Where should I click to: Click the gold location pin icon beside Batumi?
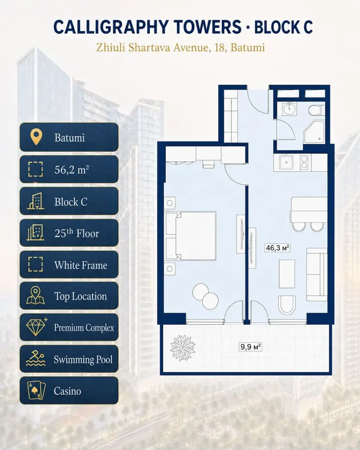coord(36,137)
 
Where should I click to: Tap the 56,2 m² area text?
coord(72,170)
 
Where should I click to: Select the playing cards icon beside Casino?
coord(36,391)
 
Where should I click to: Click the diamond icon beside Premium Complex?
coord(37,327)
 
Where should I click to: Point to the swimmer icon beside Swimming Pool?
coord(36,358)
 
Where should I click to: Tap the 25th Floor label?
coord(77,233)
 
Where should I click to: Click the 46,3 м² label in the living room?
coord(277,247)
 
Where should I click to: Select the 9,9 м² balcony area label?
coord(251,347)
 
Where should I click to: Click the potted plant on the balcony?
coord(183,348)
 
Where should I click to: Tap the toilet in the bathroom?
coord(317,110)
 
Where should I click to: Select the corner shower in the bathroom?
coord(314,132)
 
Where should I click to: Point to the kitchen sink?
coord(286,162)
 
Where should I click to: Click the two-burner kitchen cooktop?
coord(304,162)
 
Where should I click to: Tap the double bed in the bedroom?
coord(191,236)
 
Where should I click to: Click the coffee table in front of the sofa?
coord(287,274)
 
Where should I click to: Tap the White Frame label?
coord(80,265)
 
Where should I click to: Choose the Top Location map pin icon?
coord(35,295)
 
